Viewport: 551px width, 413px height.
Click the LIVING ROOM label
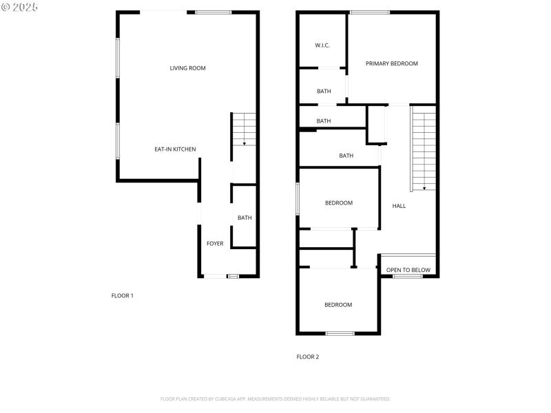tap(188, 68)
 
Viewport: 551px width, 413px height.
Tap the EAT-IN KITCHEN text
tap(175, 149)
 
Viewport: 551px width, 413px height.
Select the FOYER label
tap(215, 244)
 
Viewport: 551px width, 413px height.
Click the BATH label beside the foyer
tap(245, 218)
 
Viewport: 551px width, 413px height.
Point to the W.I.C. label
tap(322, 45)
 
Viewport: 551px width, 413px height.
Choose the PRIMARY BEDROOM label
tap(392, 64)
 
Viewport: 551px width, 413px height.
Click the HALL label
tap(399, 206)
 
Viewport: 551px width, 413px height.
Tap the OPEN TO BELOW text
tap(408, 271)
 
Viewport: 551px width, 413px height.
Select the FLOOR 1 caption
tap(123, 296)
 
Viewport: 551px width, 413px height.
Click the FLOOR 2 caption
tap(308, 357)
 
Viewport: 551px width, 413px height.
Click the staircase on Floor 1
tap(244, 129)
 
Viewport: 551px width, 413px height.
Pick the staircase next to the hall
tap(424, 148)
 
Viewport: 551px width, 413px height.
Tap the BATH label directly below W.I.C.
tap(324, 92)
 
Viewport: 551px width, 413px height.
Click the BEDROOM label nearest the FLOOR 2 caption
tap(338, 305)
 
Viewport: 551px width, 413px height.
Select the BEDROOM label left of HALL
tap(339, 203)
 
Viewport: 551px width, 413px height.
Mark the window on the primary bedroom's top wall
tap(370, 12)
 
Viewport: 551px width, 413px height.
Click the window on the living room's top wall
tap(213, 12)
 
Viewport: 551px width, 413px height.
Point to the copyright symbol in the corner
tap(6, 7)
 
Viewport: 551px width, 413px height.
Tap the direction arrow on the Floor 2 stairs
tap(424, 187)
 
